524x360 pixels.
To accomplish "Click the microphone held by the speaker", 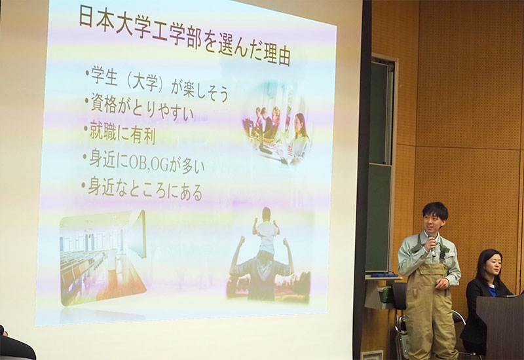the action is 432,243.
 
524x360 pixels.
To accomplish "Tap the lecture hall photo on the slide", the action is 103,257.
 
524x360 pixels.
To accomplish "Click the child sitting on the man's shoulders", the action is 267,230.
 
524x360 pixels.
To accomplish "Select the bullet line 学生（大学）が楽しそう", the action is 159,84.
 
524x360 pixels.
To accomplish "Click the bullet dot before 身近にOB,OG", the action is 85,156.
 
